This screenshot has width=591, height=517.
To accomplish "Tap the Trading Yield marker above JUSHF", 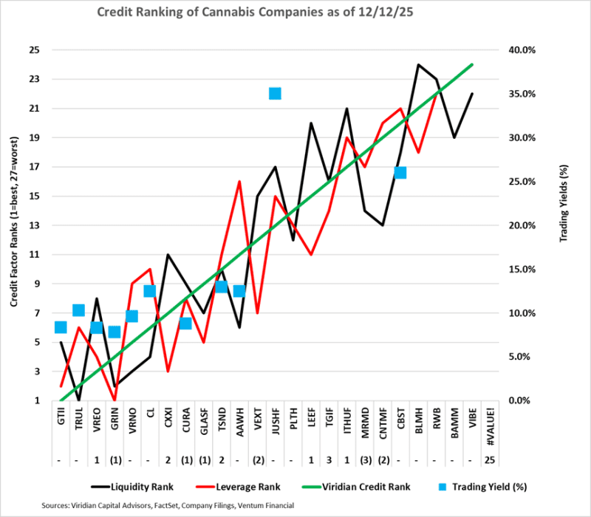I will [275, 93].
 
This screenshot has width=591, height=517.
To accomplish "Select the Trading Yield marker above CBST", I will [400, 173].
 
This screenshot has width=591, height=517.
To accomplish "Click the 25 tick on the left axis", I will [35, 50].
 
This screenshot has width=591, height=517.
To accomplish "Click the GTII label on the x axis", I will [61, 418].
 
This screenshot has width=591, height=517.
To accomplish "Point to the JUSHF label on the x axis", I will [275, 420].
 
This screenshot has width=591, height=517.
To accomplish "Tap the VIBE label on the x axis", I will [471, 418].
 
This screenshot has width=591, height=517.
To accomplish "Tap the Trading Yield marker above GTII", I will [61, 327].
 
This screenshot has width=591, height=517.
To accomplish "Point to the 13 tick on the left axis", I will [35, 225].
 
